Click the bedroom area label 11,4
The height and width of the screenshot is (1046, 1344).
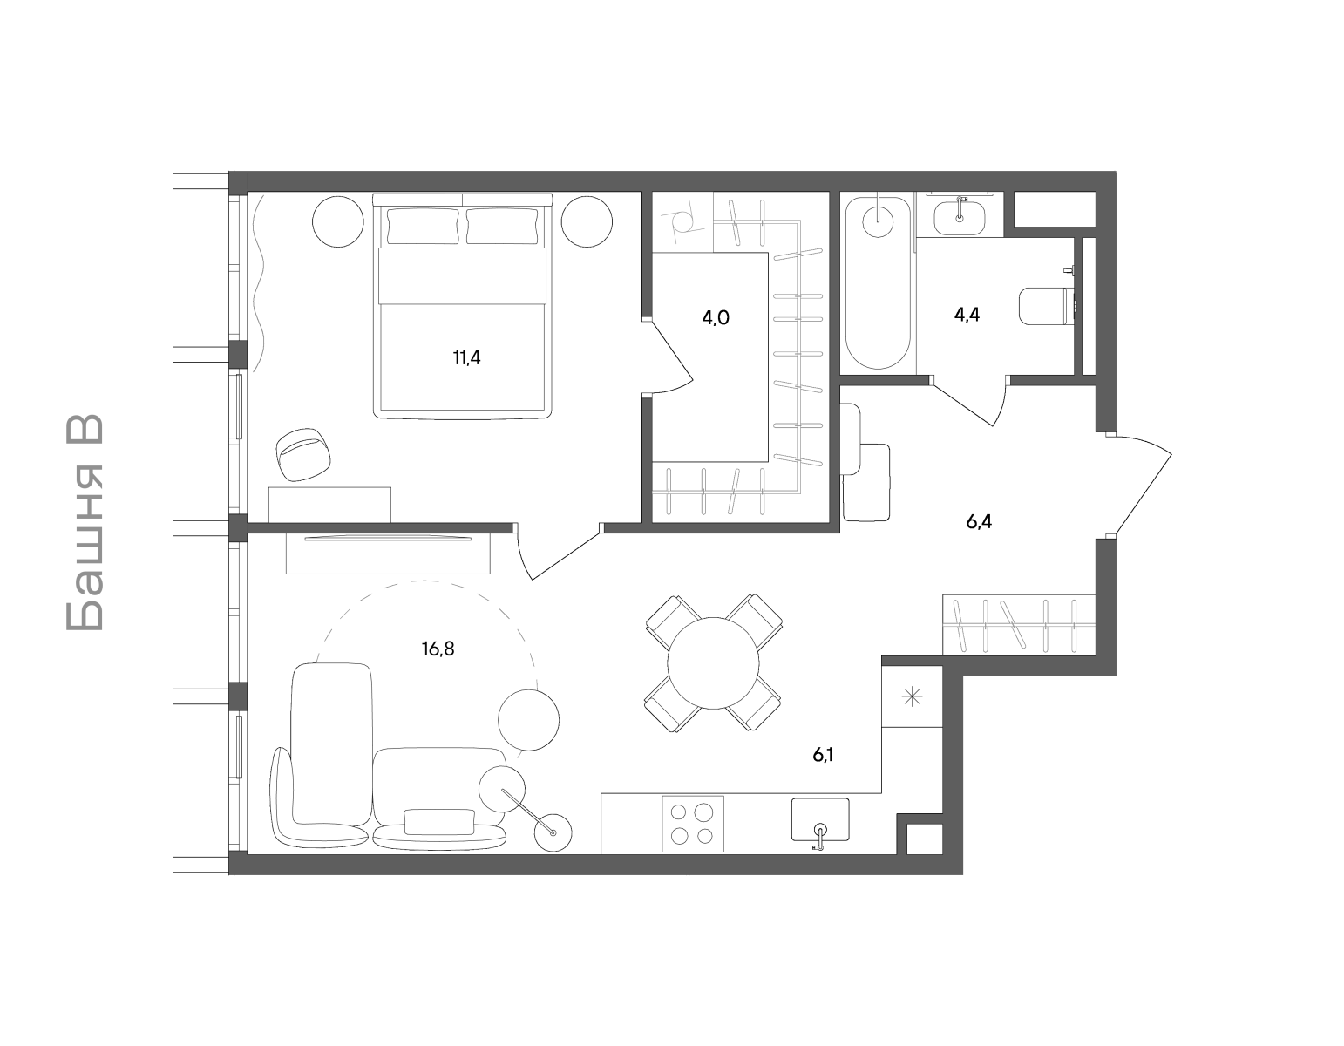point(466,358)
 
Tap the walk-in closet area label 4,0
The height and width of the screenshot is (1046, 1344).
point(715,318)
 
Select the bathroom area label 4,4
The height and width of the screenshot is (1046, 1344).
point(967,315)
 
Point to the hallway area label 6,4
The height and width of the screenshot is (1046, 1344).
point(979,522)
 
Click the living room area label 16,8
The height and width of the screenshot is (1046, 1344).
point(438,649)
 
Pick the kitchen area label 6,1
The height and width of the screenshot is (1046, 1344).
point(823,755)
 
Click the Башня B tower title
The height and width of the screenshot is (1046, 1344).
point(85,523)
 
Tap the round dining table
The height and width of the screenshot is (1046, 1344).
point(713,663)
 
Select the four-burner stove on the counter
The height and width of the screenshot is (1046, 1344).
point(693,824)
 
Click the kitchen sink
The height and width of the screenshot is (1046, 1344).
point(820,820)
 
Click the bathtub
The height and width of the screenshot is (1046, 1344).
point(879,282)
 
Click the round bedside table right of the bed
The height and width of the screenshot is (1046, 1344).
point(587,221)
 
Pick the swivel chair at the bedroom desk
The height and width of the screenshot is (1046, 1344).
point(303,453)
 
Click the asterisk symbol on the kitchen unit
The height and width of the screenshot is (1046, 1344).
point(913,698)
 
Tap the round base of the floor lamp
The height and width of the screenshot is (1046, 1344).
point(553,832)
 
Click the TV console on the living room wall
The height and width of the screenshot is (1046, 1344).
point(388,554)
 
